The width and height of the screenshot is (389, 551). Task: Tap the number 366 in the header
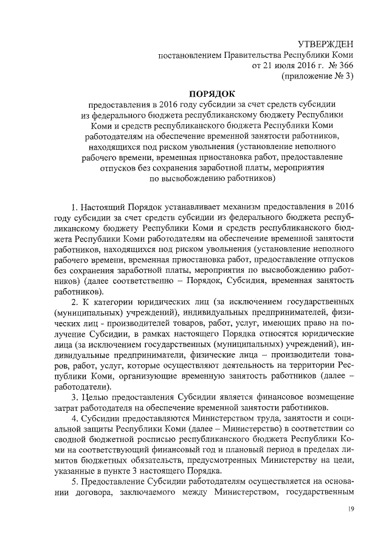tap(342, 65)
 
